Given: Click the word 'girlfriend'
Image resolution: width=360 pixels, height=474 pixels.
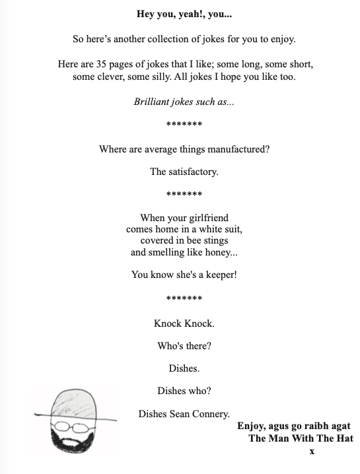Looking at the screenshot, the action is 205,218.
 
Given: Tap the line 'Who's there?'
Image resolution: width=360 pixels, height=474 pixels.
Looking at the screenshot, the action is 184,346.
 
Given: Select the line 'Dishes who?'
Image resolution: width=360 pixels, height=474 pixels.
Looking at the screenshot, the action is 184,391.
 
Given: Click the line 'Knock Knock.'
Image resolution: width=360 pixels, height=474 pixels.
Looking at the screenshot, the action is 184,323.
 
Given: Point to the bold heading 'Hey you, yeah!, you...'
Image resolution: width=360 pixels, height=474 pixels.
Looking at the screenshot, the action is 184,14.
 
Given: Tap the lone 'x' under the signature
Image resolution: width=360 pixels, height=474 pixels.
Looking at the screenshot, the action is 312,451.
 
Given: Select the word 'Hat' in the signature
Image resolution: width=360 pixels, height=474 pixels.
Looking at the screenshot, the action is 344,438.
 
